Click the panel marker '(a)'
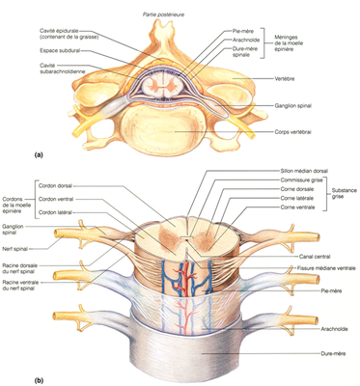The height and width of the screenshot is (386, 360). (x=13, y=154)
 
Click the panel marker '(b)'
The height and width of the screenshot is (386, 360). (x=13, y=380)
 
